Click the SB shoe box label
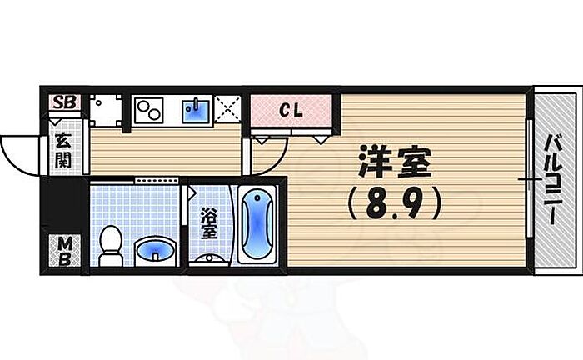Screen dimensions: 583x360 tap(64, 102)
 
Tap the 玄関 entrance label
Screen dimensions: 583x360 tap(63, 150)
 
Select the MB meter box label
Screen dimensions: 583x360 tap(65, 252)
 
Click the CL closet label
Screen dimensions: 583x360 tap(291, 110)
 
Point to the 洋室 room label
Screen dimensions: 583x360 tap(395, 162)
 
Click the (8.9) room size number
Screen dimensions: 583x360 tap(394, 203)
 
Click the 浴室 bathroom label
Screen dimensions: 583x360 tap(208, 223)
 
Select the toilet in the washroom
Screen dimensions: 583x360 tap(111, 246)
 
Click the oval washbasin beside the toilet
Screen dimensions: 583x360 tap(156, 250)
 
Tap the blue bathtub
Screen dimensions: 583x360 tap(257, 224)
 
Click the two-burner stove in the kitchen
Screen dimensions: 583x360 tap(149, 111)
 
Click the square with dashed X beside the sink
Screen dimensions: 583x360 tap(228, 108)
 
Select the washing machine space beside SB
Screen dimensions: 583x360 tap(106, 111)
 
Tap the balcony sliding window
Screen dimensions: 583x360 tap(530, 178)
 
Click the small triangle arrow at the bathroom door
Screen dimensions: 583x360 tap(192, 192)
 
